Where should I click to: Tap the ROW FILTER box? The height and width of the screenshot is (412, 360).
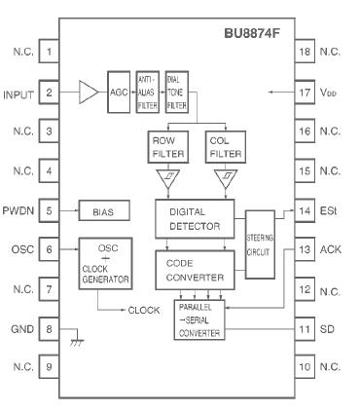[x=165, y=146]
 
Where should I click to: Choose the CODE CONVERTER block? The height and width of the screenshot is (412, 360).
[x=195, y=270]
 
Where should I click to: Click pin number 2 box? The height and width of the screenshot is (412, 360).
[x=50, y=94]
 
